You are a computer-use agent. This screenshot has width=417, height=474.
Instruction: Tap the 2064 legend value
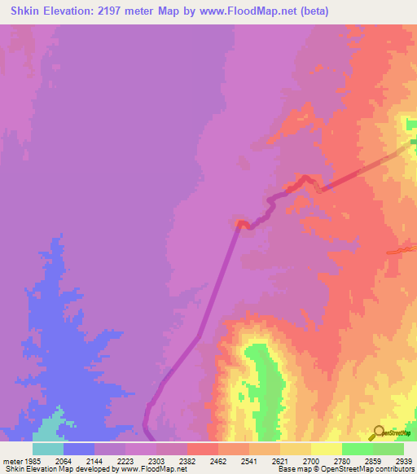point(63,461)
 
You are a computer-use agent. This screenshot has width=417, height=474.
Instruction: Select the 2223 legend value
point(125,461)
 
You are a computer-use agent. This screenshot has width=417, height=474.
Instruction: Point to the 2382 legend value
point(187,461)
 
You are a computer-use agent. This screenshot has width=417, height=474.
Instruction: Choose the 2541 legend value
point(249,461)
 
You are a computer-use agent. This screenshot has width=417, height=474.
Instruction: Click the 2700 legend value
point(311,461)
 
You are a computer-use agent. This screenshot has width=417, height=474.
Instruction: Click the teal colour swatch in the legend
point(47,449)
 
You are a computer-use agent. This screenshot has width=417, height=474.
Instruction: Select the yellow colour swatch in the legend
point(326,449)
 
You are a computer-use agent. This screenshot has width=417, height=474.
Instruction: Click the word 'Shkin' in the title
point(24,11)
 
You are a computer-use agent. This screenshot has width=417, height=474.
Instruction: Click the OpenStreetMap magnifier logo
point(377,433)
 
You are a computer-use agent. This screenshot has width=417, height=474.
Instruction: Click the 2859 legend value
point(374,461)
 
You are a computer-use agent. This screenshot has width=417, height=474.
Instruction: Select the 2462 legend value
point(218,461)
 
